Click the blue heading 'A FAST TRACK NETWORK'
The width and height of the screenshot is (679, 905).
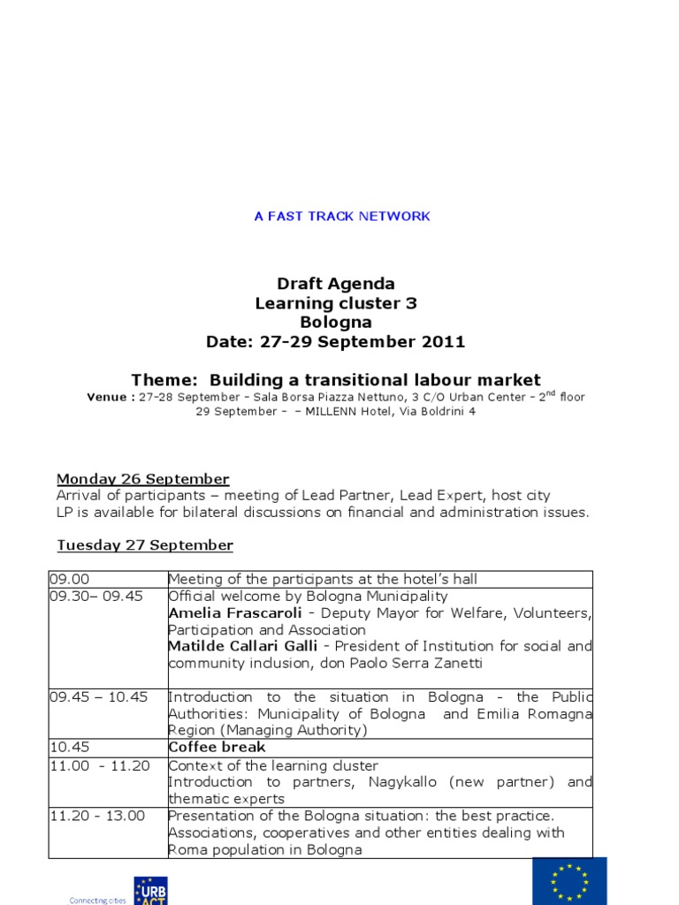[342, 217]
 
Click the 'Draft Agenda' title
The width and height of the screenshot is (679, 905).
[336, 284]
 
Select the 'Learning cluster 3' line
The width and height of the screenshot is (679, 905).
[336, 303]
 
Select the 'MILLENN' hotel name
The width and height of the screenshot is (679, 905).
[329, 412]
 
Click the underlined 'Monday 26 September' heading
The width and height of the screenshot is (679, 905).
[143, 479]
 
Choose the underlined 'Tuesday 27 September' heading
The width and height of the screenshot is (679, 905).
[145, 545]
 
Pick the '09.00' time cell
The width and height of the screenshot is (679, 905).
[65, 579]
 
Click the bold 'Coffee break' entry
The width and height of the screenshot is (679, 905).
[217, 748]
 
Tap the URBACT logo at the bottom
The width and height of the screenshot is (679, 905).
[150, 891]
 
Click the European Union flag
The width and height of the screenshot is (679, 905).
[569, 880]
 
